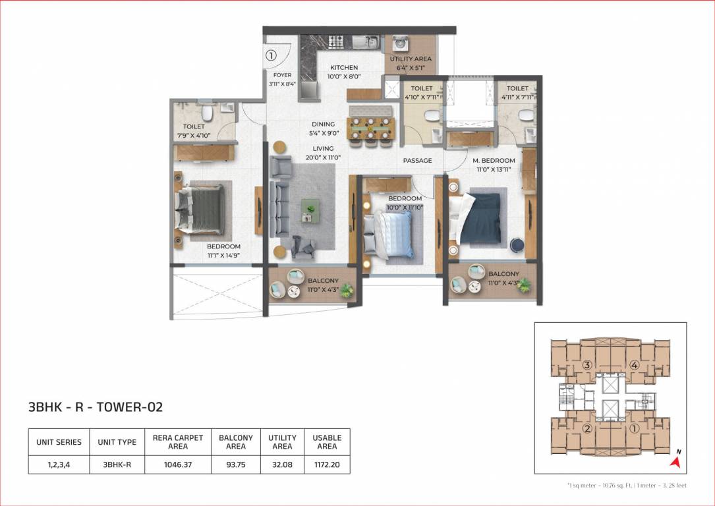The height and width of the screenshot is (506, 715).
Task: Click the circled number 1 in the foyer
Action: (x=270, y=56)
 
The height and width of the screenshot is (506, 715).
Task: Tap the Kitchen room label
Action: (x=344, y=67)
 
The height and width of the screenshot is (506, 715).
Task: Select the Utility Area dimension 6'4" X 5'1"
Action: (x=410, y=68)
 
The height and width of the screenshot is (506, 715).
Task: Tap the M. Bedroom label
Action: (x=494, y=161)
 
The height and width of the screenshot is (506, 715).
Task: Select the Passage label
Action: (x=417, y=161)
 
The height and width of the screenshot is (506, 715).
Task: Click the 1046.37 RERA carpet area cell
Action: (x=178, y=464)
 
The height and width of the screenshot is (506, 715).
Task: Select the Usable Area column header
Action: (x=327, y=442)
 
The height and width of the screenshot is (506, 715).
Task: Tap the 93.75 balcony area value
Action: (x=236, y=464)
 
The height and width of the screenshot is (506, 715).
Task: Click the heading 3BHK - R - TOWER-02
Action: (x=96, y=407)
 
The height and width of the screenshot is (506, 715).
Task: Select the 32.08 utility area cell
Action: (x=282, y=464)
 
